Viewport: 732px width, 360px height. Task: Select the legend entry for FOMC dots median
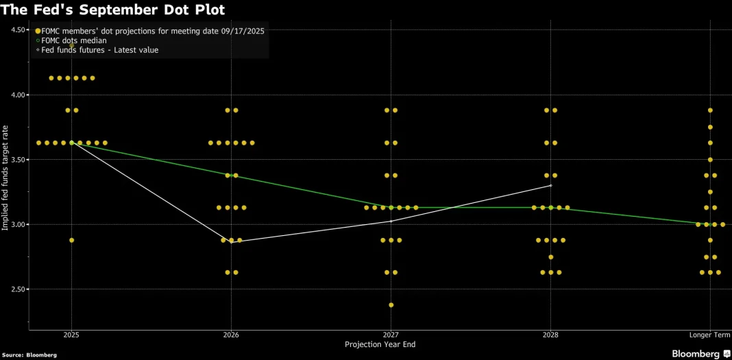coord(73,40)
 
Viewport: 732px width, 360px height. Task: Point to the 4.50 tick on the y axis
coord(19,30)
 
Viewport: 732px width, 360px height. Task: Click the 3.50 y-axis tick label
coord(19,160)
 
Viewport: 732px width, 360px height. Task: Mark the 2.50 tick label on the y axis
coord(19,289)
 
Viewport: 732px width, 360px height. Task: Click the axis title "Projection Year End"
coord(380,345)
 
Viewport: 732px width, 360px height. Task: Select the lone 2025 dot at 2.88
coord(72,240)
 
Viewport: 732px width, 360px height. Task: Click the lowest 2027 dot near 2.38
coord(391,305)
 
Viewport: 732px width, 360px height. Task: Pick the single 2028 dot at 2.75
coord(551,257)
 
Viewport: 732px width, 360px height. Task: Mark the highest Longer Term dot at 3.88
coord(711,110)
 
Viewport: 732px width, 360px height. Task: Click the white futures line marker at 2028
coord(551,186)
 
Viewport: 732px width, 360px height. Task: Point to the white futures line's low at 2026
coord(232,242)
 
